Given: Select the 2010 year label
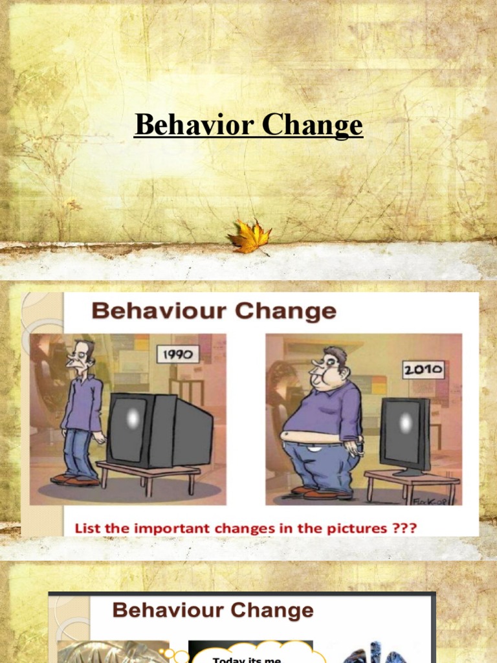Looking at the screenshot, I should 423,370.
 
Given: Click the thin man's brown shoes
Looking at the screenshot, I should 75,480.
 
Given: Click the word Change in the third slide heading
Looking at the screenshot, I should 274,610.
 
